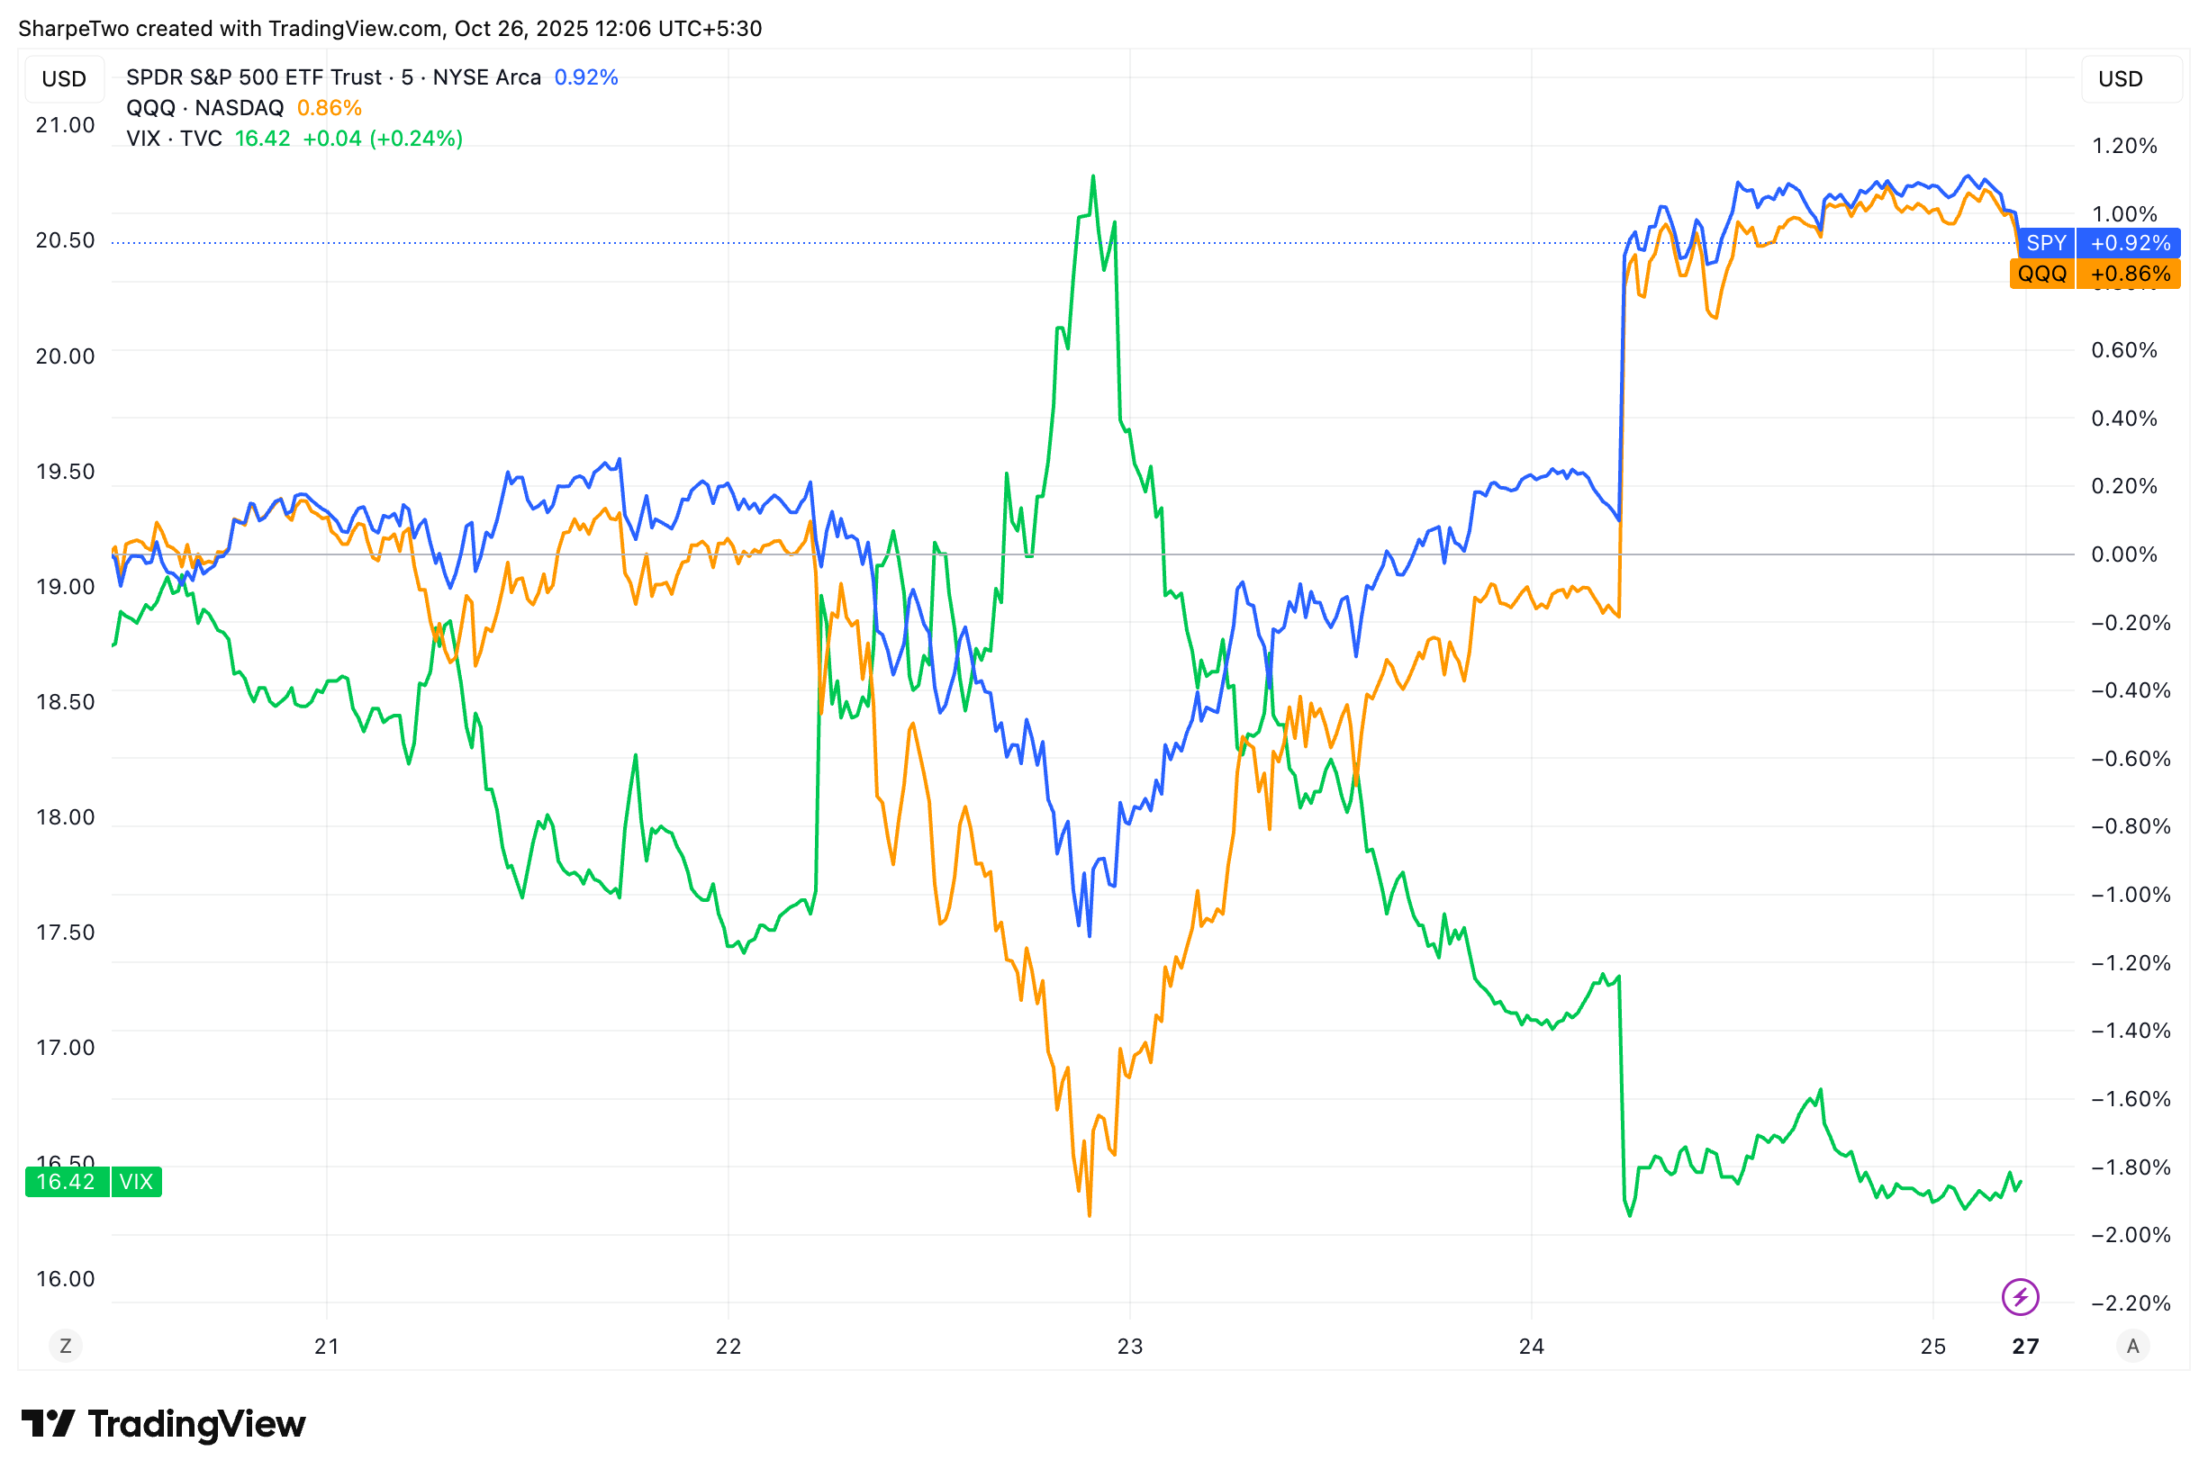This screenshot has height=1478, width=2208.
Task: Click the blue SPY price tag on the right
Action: click(x=2099, y=243)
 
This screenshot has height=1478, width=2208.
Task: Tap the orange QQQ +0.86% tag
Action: click(x=2094, y=275)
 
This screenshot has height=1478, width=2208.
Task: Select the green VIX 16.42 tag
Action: click(x=94, y=1182)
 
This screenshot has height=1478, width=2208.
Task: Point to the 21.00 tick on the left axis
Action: click(x=65, y=125)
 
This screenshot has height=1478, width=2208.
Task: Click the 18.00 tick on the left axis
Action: click(x=65, y=817)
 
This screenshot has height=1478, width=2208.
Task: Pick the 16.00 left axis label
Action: click(x=65, y=1279)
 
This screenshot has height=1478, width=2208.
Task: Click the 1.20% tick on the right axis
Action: click(x=2124, y=146)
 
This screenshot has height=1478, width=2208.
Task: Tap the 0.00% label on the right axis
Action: click(x=2124, y=554)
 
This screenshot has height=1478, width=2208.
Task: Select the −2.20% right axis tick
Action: click(x=2130, y=1303)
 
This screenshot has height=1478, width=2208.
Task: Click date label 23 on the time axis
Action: click(x=1129, y=1347)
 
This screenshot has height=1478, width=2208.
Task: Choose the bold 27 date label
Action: click(x=2025, y=1347)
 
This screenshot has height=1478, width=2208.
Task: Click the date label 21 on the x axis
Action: click(x=326, y=1347)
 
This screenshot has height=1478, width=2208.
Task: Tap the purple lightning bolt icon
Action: click(x=2021, y=1297)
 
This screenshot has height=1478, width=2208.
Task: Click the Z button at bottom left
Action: click(x=65, y=1346)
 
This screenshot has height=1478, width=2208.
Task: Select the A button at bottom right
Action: click(x=2132, y=1346)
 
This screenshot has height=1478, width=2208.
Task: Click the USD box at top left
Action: click(x=64, y=79)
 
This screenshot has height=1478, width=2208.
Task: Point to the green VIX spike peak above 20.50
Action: click(x=1092, y=177)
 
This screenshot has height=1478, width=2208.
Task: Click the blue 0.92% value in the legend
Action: click(x=585, y=77)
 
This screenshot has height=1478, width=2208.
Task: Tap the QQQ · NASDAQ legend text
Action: click(x=204, y=108)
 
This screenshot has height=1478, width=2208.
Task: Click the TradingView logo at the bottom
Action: click(x=164, y=1424)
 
